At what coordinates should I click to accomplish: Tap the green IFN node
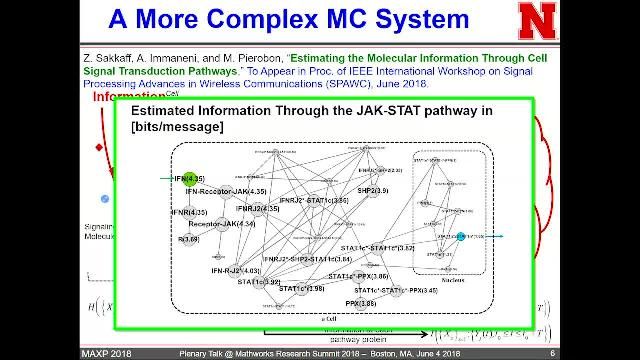(190, 178)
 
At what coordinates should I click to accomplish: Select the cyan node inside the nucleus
(461, 236)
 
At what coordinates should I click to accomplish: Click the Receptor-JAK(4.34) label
(222, 224)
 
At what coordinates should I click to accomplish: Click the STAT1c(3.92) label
(231, 282)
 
